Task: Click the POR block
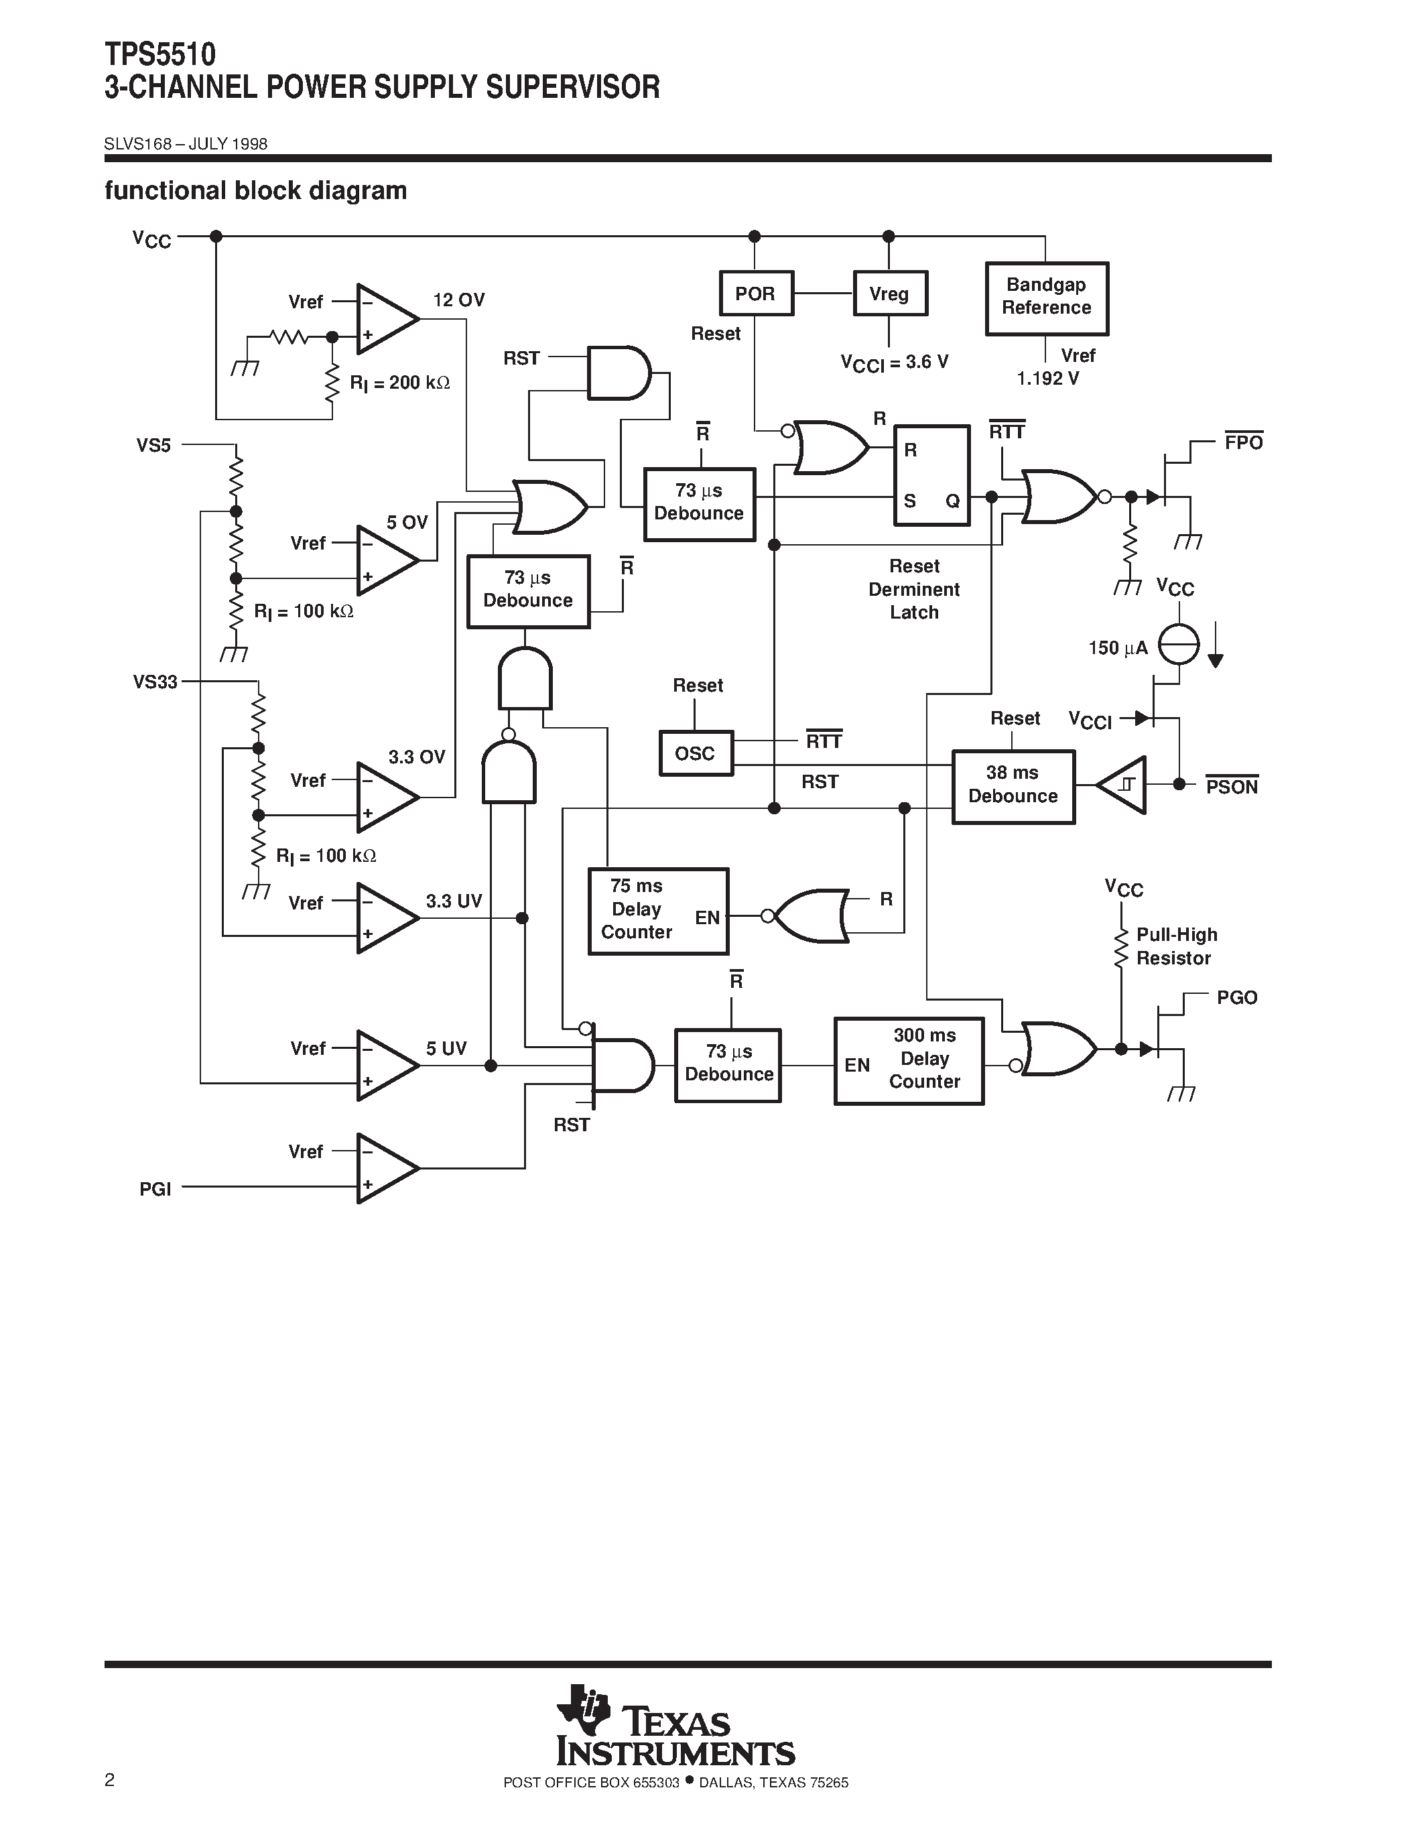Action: [x=756, y=294]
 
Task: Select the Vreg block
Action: [x=890, y=294]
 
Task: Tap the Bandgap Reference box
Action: [x=1046, y=298]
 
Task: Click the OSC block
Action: [x=695, y=753]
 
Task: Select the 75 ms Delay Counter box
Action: [x=658, y=911]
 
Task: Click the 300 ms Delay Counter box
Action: [x=909, y=1061]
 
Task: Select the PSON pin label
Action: [x=1231, y=787]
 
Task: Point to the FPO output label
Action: [x=1244, y=443]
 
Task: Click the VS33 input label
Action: [x=155, y=682]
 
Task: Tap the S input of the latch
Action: [x=909, y=501]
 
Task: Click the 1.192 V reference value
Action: [x=1047, y=379]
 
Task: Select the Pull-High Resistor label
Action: [x=1175, y=947]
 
